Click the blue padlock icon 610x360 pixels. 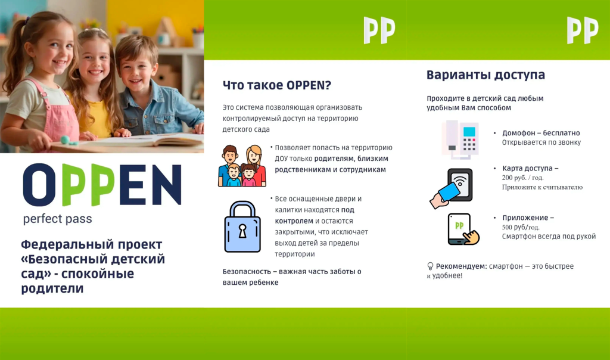tap(242, 227)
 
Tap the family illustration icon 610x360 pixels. tap(242, 166)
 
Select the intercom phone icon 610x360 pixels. tap(460, 139)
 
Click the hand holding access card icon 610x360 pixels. tap(451, 188)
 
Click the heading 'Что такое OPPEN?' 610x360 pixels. tap(276, 85)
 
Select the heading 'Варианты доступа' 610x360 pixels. tap(485, 75)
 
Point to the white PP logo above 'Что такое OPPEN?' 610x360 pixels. tap(379, 30)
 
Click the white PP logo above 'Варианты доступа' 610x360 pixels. tap(583, 30)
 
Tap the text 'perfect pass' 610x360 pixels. tap(58, 219)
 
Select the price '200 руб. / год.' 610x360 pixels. tap(522, 178)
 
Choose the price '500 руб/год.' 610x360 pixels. tap(521, 227)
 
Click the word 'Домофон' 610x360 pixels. tap(519, 133)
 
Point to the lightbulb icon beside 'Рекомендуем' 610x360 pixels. tap(430, 266)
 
